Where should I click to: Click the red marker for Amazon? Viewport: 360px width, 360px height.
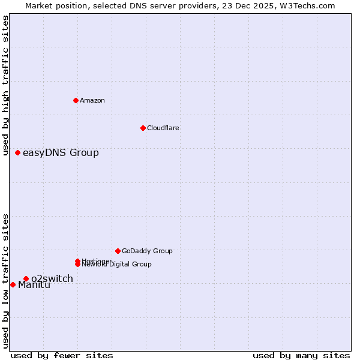pos(76,100)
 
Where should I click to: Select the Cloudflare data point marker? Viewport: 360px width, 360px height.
pos(143,128)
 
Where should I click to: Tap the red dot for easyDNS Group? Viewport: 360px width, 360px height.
pos(17,153)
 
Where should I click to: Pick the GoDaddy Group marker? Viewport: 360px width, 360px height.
pos(118,251)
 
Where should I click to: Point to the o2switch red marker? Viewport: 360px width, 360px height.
pos(26,278)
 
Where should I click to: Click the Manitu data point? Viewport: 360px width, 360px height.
pos(13,284)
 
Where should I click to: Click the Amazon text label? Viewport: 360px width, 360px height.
pos(92,100)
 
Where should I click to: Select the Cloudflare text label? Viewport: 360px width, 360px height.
pos(163,128)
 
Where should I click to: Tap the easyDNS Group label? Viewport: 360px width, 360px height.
pos(61,153)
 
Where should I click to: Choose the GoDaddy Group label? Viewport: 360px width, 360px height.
pos(147,251)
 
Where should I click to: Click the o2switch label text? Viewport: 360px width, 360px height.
pos(52,278)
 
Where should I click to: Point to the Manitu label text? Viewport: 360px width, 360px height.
pos(34,285)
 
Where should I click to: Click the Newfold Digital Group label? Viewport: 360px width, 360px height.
pos(117,265)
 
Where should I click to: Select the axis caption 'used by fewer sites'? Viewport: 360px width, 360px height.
pos(62,355)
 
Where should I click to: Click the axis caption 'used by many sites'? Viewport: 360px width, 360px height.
pos(301,355)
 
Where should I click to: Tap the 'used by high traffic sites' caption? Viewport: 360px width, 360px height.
pos(6,85)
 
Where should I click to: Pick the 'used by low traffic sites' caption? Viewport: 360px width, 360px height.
pos(6,280)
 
